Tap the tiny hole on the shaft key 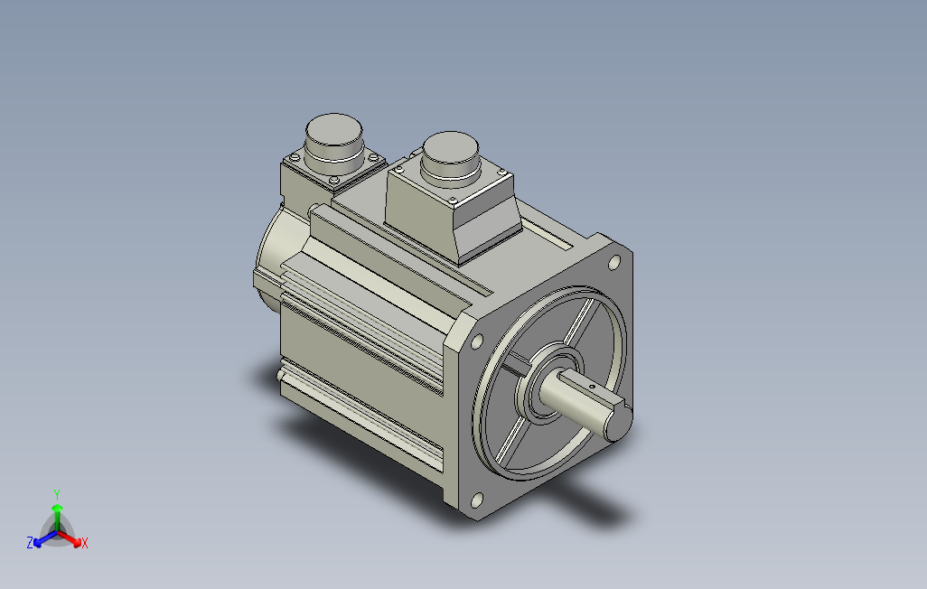[593, 387]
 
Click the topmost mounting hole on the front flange [614, 261]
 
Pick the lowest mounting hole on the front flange [476, 500]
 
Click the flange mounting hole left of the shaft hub [476, 341]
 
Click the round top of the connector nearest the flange [450, 148]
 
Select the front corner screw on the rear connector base [334, 180]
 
